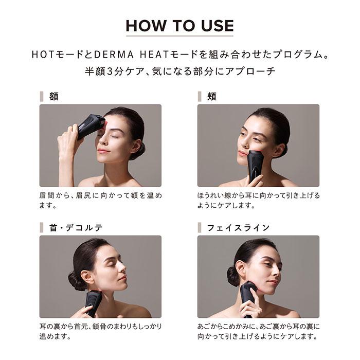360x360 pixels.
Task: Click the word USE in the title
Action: pyautogui.click(x=218, y=26)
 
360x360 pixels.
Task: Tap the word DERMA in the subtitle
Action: pyautogui.click(x=114, y=55)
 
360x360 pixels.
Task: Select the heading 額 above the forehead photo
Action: pyautogui.click(x=53, y=97)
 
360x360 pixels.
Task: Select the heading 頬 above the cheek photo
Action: pyautogui.click(x=211, y=97)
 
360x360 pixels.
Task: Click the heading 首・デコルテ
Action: pyautogui.click(x=76, y=227)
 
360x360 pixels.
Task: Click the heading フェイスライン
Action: pyautogui.click(x=238, y=227)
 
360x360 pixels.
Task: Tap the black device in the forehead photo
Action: pyautogui.click(x=91, y=126)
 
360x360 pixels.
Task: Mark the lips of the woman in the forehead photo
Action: pyautogui.click(x=103, y=151)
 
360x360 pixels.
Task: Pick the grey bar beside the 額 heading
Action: pyautogui.click(x=42, y=97)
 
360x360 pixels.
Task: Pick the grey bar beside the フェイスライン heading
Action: pyautogui.click(x=200, y=227)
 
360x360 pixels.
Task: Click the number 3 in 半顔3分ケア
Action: pyautogui.click(x=110, y=71)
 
